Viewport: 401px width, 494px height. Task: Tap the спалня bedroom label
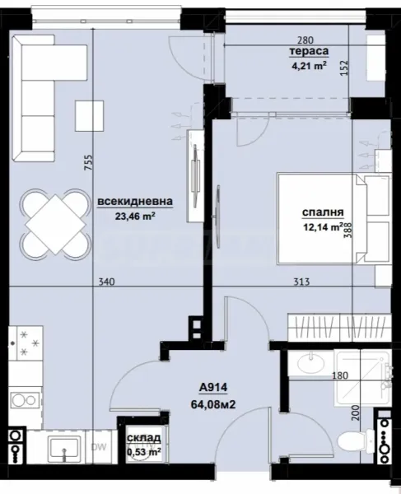pos(322,210)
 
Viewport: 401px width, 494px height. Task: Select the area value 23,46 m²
pos(136,218)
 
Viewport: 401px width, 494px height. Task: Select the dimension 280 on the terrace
pos(305,40)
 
